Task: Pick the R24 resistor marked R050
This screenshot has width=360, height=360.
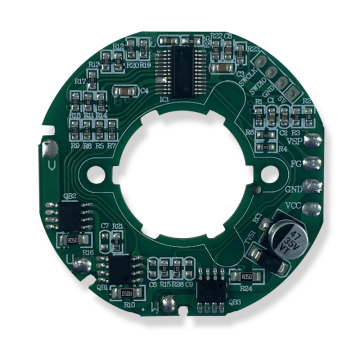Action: coord(246,273)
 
